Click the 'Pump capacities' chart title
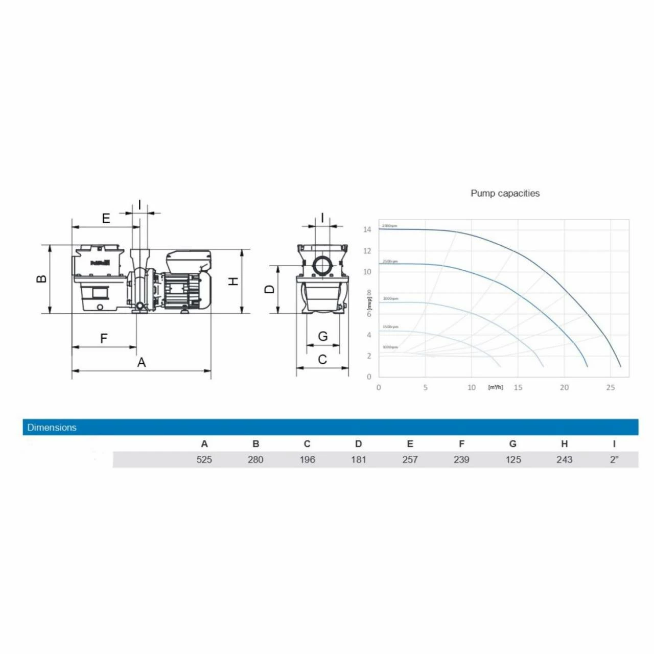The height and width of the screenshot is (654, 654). pos(505,193)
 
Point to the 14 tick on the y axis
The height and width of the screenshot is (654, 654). pos(367,229)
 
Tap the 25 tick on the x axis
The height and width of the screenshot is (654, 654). pos(611,387)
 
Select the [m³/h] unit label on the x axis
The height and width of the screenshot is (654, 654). pos(495,387)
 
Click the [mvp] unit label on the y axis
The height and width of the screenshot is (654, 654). pos(369,303)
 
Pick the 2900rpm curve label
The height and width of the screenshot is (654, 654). pos(389,225)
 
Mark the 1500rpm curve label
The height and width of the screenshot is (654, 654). pos(390,326)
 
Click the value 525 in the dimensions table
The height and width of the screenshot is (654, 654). pos(204,459)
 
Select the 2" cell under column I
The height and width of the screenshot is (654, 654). pos(614,459)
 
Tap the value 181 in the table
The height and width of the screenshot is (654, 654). pos(358,459)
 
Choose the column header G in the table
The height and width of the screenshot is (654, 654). pos(512,443)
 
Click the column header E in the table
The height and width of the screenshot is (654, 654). pos(410,443)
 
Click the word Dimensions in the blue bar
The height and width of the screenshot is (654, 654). pos(52,427)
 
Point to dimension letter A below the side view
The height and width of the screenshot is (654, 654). pos(142,362)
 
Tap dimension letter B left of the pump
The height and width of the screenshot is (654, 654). pos(41,279)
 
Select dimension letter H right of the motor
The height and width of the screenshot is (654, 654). pos(233,281)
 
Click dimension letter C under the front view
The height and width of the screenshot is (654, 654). pos(322,360)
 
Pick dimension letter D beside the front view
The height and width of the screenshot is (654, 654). pos(269,289)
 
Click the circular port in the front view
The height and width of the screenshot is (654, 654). pos(322,266)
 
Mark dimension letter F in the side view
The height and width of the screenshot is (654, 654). pos(104,338)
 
